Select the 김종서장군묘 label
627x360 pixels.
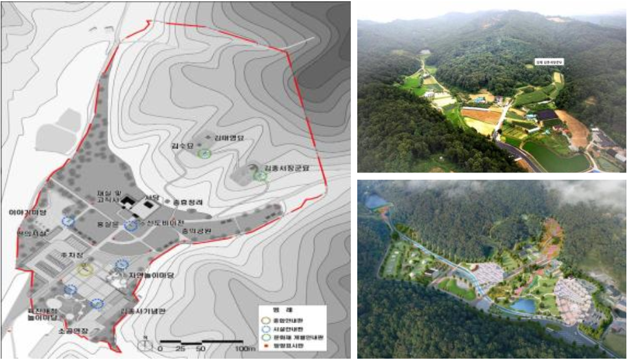pos(283,167)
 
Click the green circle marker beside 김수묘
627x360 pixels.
pos(205,153)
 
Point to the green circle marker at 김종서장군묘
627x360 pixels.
pos(260,175)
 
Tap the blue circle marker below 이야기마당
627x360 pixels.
pos(67,221)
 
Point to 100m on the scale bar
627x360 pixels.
pos(245,350)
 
